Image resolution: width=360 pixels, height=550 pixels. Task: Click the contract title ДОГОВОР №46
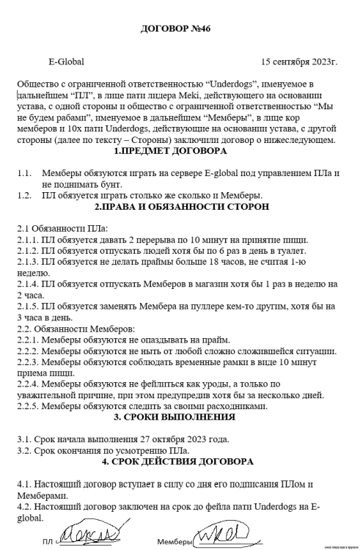[x=180, y=29]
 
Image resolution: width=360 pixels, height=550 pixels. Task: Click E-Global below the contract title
[x=65, y=62]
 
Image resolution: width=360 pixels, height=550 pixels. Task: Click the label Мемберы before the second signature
[x=173, y=542]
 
